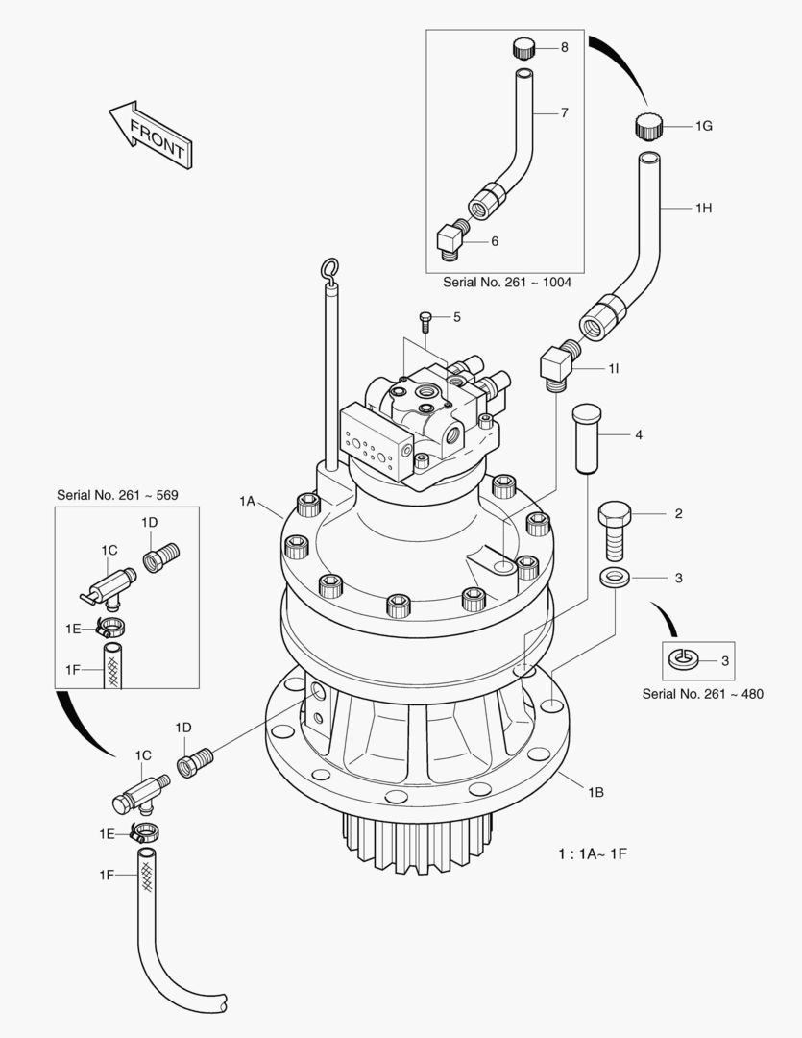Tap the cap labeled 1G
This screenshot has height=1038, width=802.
point(648,125)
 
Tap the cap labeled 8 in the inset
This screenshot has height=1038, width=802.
point(523,48)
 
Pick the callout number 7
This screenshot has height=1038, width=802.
point(565,112)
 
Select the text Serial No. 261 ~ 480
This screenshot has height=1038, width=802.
point(702,694)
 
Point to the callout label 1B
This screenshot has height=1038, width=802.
point(595,793)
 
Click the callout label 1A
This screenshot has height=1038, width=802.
point(248,501)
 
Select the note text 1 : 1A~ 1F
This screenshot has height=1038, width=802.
point(593,853)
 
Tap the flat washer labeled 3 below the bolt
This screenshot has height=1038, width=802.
point(612,578)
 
